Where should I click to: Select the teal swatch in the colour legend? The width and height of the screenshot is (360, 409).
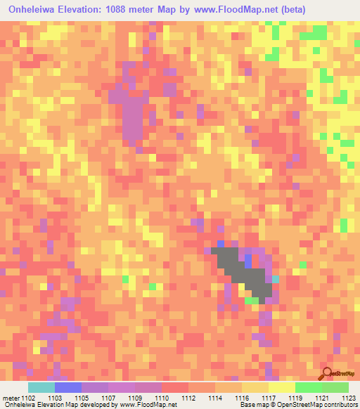pyautogui.click(x=41, y=387)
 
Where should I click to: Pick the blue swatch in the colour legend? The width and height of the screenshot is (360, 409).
pyautogui.click(x=68, y=387)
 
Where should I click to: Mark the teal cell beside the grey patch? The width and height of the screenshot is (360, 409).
pyautogui.click(x=276, y=279)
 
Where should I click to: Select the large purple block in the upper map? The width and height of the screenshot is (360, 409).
pyautogui.click(x=132, y=116)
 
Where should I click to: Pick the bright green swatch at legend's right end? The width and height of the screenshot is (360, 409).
pyautogui.click(x=335, y=387)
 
